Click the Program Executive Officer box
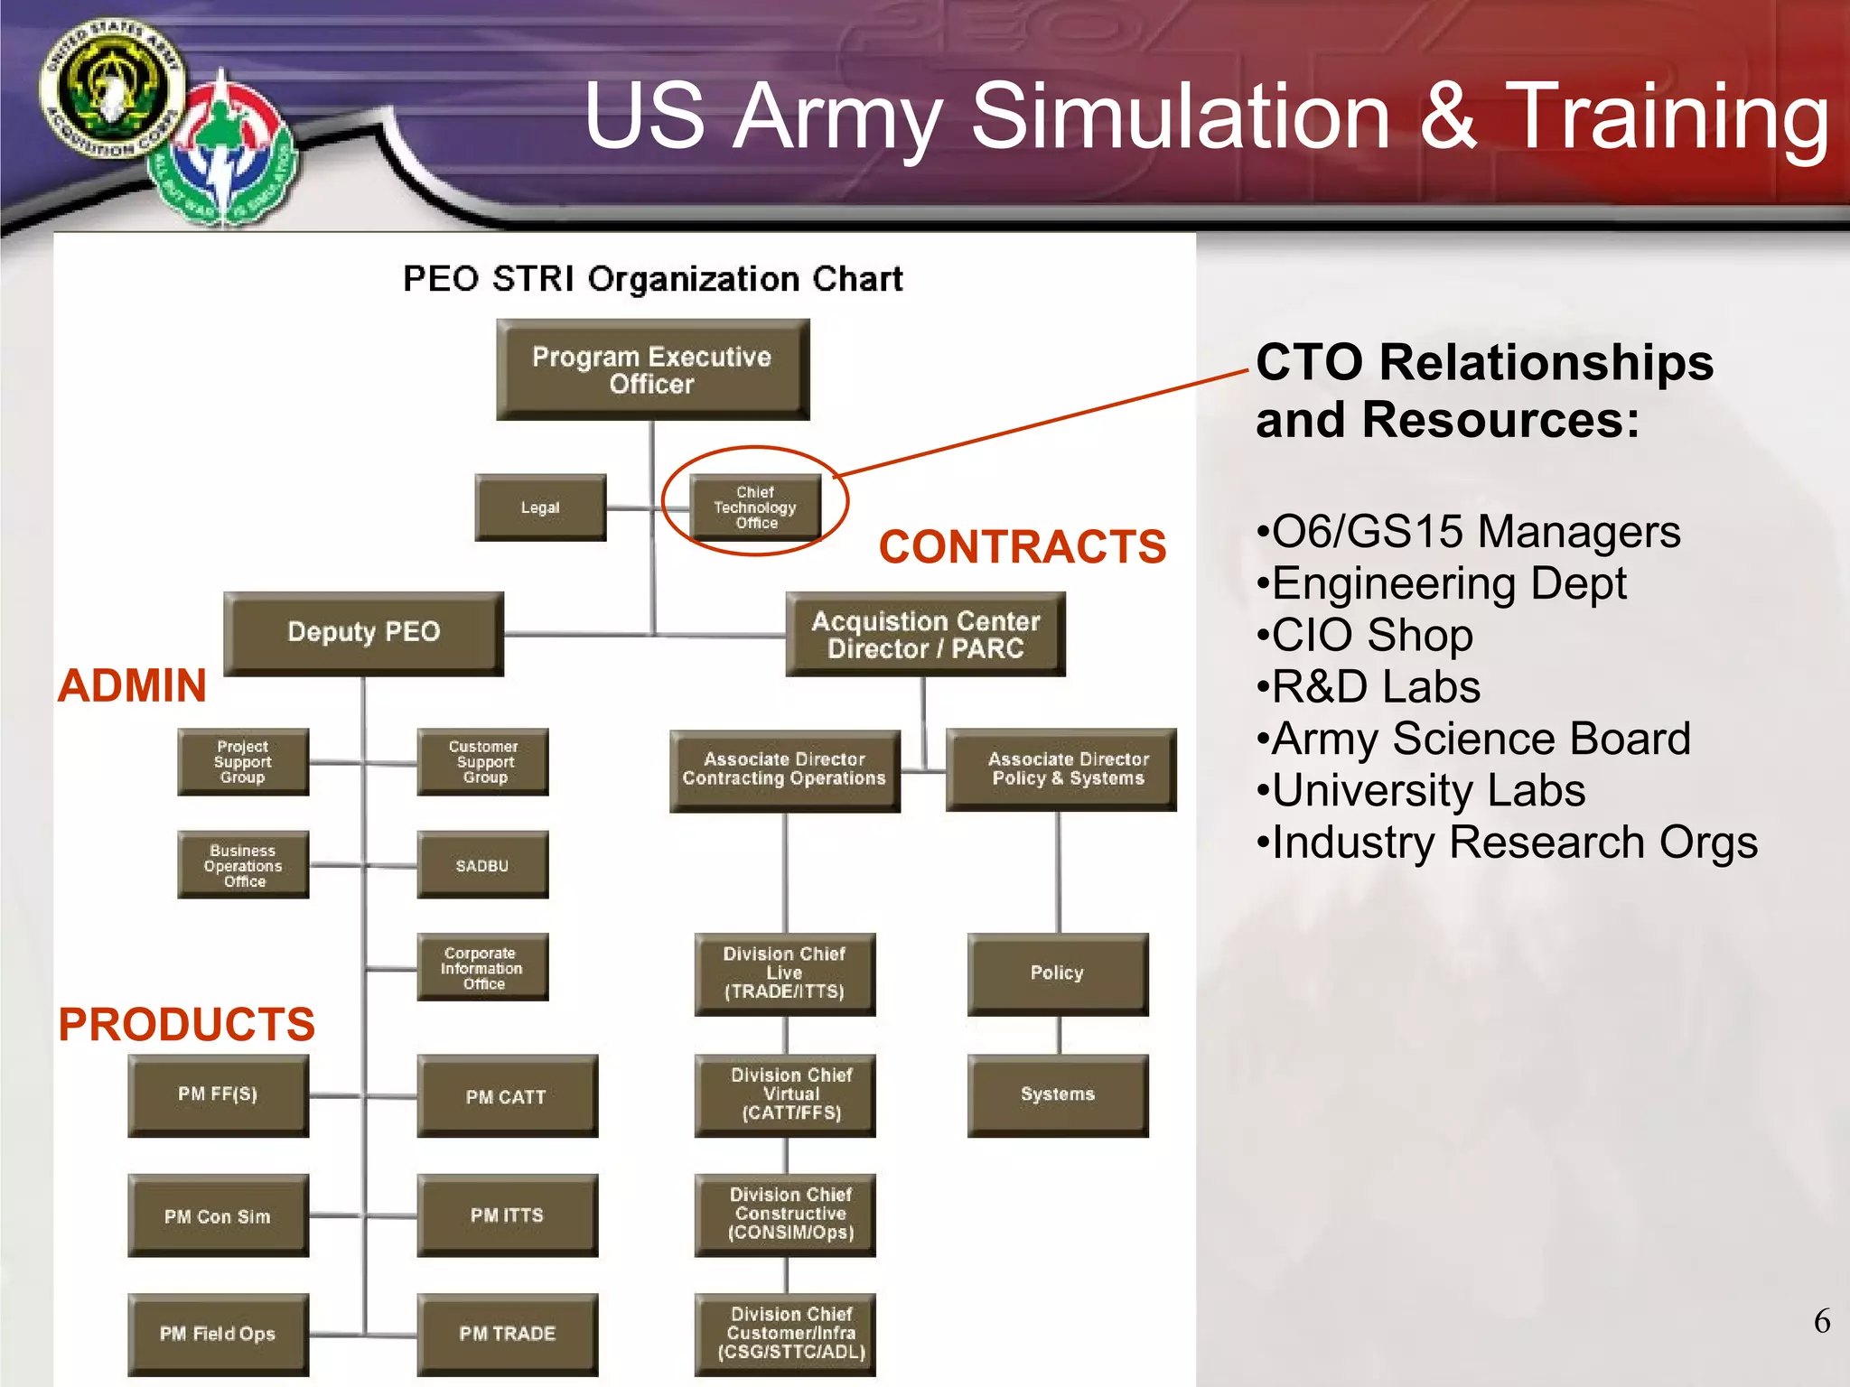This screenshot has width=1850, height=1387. (x=652, y=369)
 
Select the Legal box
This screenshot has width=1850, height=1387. (x=540, y=507)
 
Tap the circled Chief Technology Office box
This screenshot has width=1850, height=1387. (x=755, y=507)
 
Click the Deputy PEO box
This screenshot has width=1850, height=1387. (x=363, y=632)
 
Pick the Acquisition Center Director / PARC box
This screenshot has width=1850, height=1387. (x=925, y=634)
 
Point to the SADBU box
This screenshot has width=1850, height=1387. (x=482, y=865)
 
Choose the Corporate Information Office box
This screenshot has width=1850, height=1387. (x=482, y=967)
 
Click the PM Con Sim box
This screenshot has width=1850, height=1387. (x=218, y=1215)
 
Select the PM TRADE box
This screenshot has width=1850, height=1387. (x=507, y=1334)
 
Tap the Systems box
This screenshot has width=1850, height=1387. (x=1057, y=1094)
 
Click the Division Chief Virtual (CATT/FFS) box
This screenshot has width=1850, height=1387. (x=785, y=1094)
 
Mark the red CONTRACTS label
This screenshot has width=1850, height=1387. (x=1022, y=547)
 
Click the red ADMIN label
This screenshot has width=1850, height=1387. (x=133, y=685)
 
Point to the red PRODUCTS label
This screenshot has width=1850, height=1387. (x=187, y=1025)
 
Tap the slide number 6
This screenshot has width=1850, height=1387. (x=1821, y=1321)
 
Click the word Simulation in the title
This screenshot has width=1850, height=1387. (x=1180, y=116)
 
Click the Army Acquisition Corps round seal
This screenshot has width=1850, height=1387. (x=111, y=88)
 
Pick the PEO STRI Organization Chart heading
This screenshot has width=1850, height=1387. (x=652, y=279)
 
